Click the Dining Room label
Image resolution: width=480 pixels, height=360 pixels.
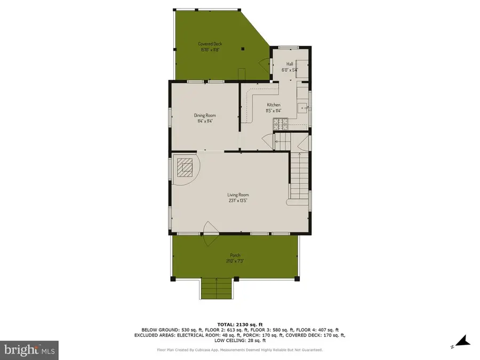[x=204, y=115]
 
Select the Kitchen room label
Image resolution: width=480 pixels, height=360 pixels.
[x=273, y=105]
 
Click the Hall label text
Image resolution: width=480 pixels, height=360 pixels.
[x=290, y=63]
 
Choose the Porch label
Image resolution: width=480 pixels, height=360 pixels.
[x=235, y=255]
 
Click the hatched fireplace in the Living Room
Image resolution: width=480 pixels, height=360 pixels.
[x=186, y=168]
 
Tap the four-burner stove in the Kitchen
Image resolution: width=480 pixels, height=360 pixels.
[x=279, y=124]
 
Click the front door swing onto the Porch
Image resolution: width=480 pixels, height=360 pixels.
[x=211, y=228]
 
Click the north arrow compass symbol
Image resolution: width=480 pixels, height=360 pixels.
[x=460, y=340]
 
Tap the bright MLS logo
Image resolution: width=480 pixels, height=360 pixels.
[x=29, y=350]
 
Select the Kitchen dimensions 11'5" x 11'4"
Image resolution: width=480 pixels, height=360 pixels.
[x=273, y=111]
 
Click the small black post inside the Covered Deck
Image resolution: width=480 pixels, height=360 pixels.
[x=243, y=49]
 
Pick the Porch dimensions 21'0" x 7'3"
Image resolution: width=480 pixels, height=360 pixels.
[x=235, y=261]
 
